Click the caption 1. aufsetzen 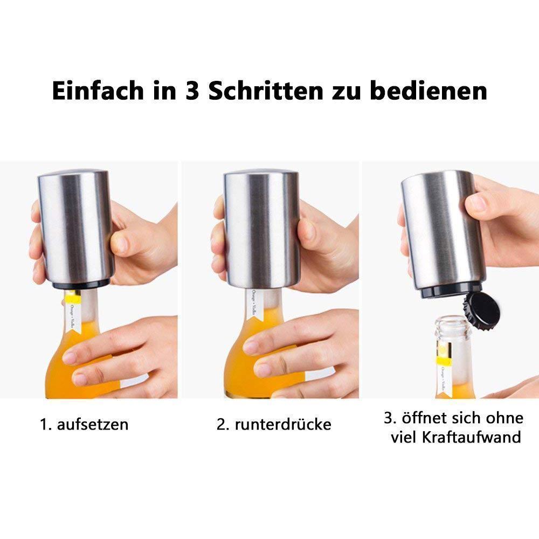(x=85, y=424)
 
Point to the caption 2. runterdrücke (x=274, y=424)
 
